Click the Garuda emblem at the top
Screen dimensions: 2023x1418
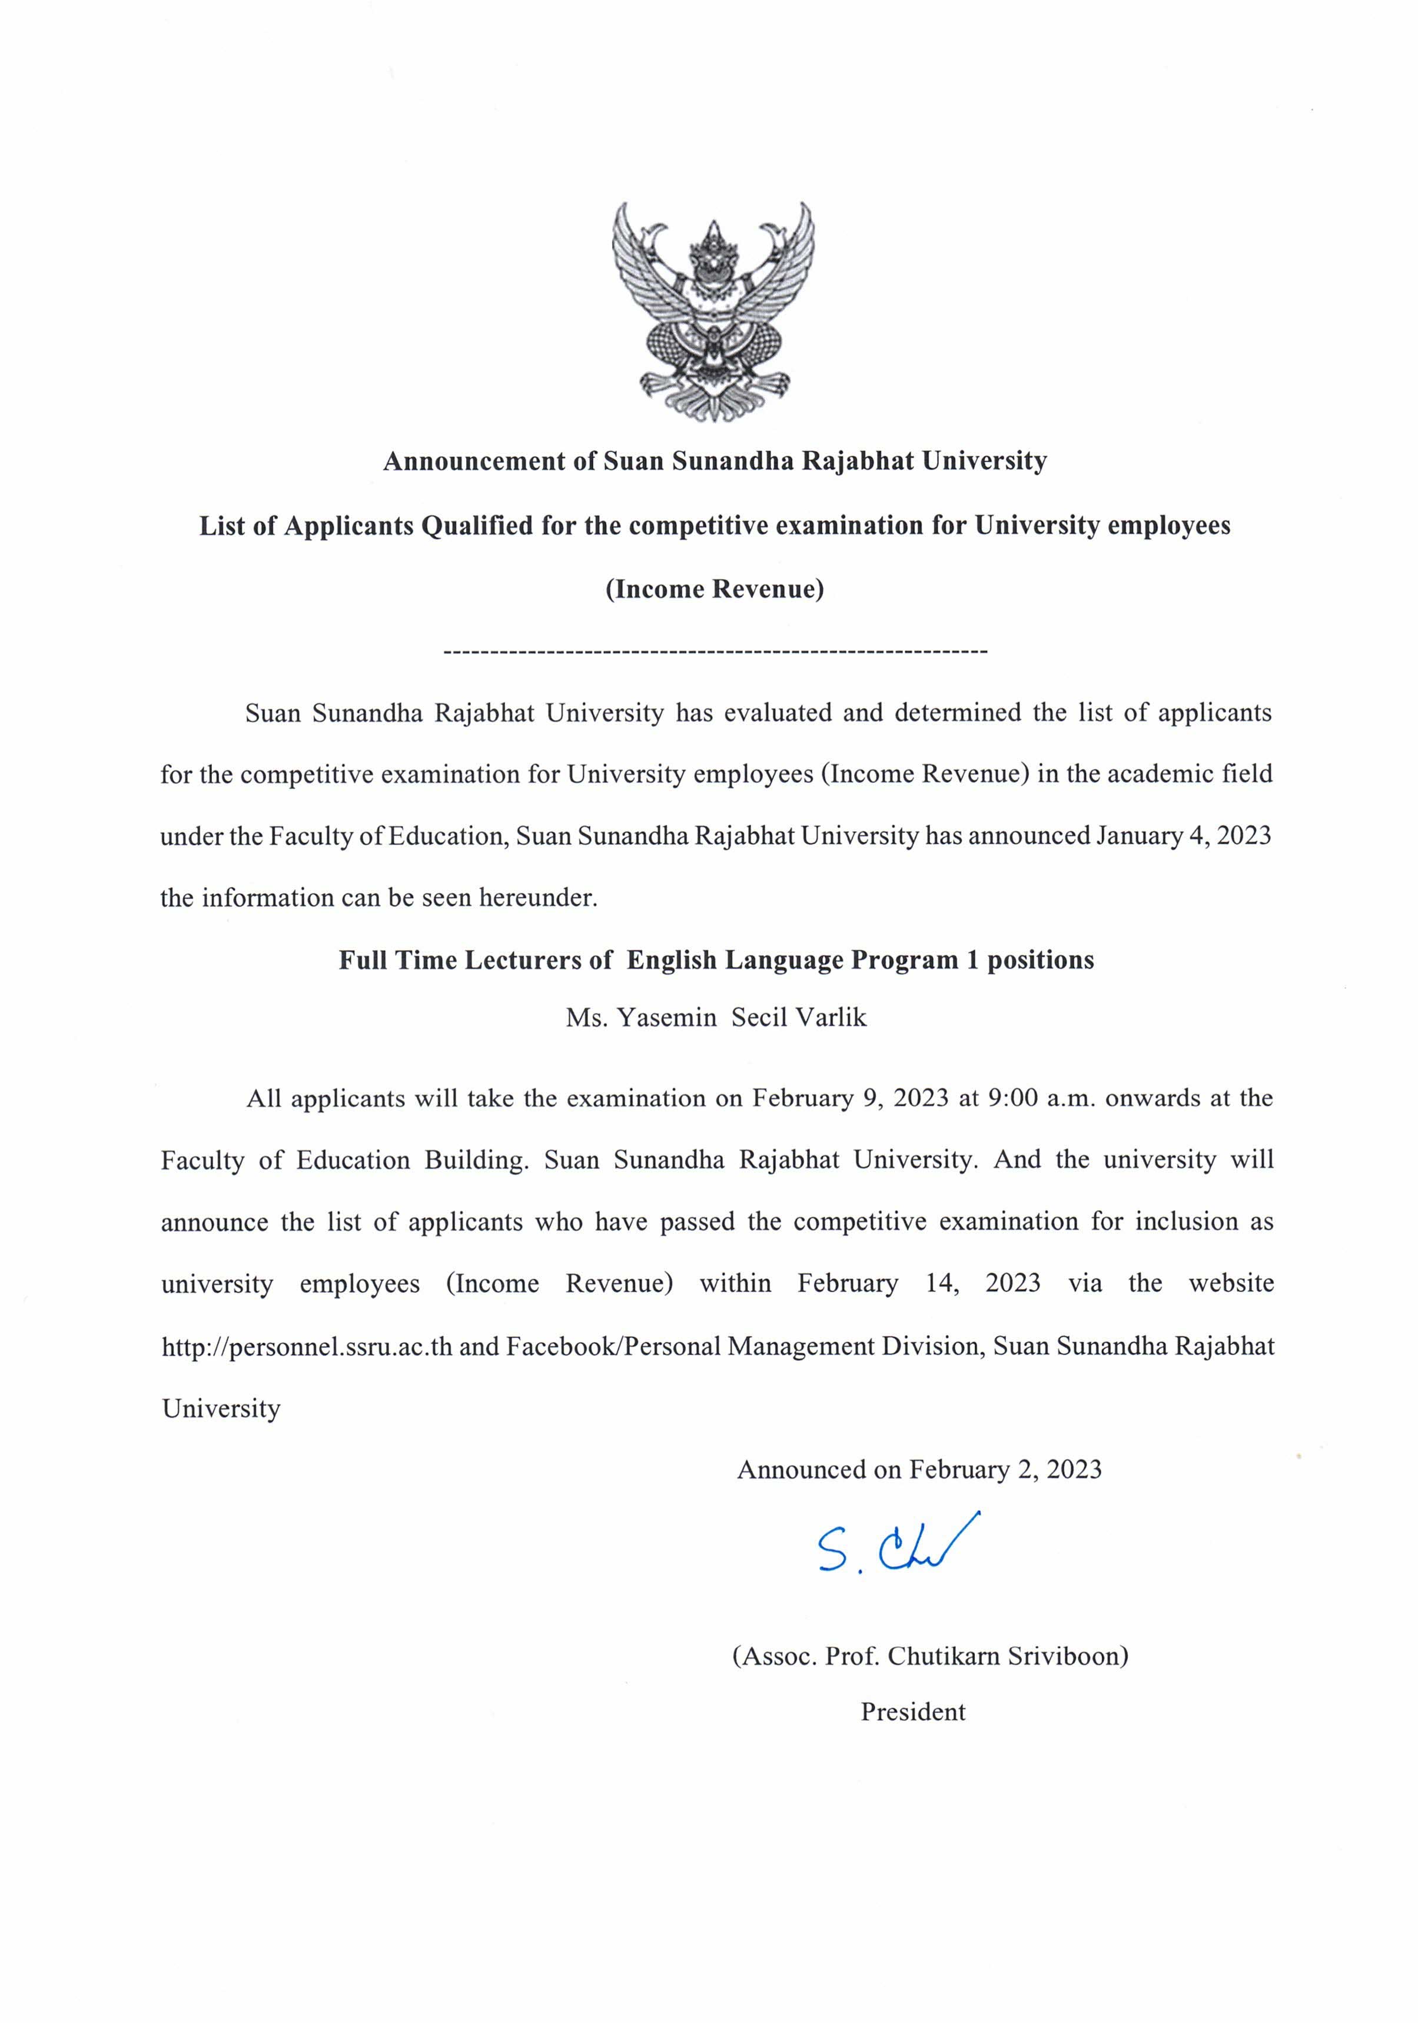tap(712, 311)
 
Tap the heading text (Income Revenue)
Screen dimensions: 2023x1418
tap(714, 589)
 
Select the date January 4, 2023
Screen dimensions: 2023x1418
tap(1183, 835)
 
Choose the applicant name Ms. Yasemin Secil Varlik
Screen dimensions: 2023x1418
tap(716, 1018)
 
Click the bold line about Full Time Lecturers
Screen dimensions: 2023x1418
tap(716, 959)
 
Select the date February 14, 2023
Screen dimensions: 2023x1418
tap(918, 1283)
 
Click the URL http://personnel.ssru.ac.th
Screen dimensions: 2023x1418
tap(307, 1346)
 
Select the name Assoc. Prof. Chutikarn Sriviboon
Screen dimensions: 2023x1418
tap(930, 1656)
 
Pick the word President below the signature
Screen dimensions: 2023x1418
tap(913, 1712)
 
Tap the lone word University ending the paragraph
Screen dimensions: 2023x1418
tap(221, 1408)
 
